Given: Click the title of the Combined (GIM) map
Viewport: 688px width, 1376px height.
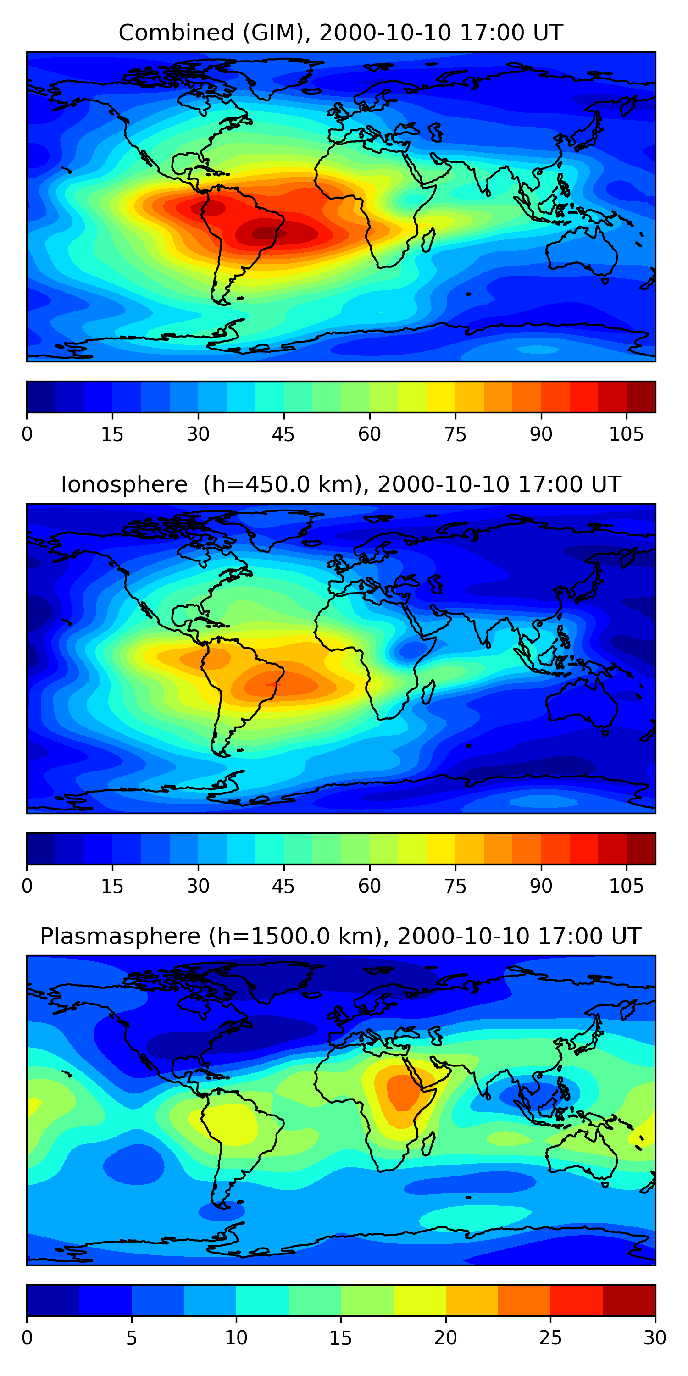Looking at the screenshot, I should pyautogui.click(x=341, y=33).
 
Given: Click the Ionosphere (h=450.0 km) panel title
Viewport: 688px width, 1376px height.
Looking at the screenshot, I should pyautogui.click(x=341, y=484).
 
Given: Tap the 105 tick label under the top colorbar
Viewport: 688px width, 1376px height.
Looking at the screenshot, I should pyautogui.click(x=626, y=434).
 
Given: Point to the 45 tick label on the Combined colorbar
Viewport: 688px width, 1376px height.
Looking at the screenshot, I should pyautogui.click(x=283, y=434).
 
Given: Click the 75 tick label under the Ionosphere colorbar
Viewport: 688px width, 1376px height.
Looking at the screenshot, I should pyautogui.click(x=455, y=886).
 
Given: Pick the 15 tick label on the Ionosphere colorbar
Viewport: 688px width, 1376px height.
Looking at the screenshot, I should pyautogui.click(x=112, y=886).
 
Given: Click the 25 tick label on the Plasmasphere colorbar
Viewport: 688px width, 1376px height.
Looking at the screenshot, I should pyautogui.click(x=550, y=1337).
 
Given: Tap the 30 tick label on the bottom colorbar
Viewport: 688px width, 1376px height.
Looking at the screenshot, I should pyautogui.click(x=655, y=1337).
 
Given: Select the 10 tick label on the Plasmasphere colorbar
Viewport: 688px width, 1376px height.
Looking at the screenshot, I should pyautogui.click(x=236, y=1337).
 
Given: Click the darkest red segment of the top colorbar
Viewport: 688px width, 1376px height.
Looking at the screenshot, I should pyautogui.click(x=641, y=397).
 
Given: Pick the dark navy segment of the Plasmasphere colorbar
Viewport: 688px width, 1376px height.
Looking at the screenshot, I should pyautogui.click(x=52, y=1300).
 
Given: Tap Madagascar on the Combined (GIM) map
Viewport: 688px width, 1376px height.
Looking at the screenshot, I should pyautogui.click(x=428, y=240).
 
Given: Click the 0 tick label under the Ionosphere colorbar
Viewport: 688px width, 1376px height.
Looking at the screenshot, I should pyautogui.click(x=27, y=886).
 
